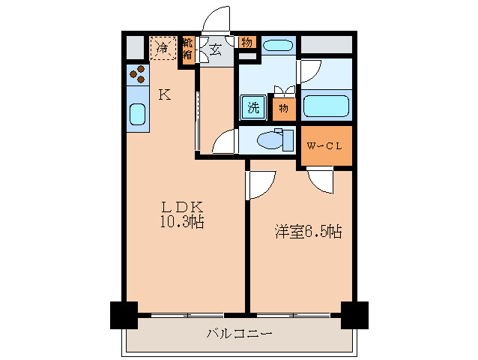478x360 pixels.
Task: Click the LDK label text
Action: point(180,207)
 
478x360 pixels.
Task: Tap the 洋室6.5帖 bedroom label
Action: point(307,232)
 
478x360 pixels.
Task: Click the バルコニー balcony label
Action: point(239,333)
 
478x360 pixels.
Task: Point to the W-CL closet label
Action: point(324,145)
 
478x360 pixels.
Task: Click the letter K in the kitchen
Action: point(164,94)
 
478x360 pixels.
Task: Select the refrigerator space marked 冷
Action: point(163,48)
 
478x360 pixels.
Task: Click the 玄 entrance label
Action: point(215,50)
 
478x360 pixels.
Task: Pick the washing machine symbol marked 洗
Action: point(254,107)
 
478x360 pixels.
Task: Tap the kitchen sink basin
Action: point(137,114)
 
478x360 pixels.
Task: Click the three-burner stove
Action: point(137,74)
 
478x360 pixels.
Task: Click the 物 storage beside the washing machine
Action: point(283,108)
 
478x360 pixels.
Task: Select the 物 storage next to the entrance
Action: point(246,42)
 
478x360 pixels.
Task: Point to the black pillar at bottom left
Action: point(124,314)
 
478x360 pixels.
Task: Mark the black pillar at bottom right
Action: point(354,314)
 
